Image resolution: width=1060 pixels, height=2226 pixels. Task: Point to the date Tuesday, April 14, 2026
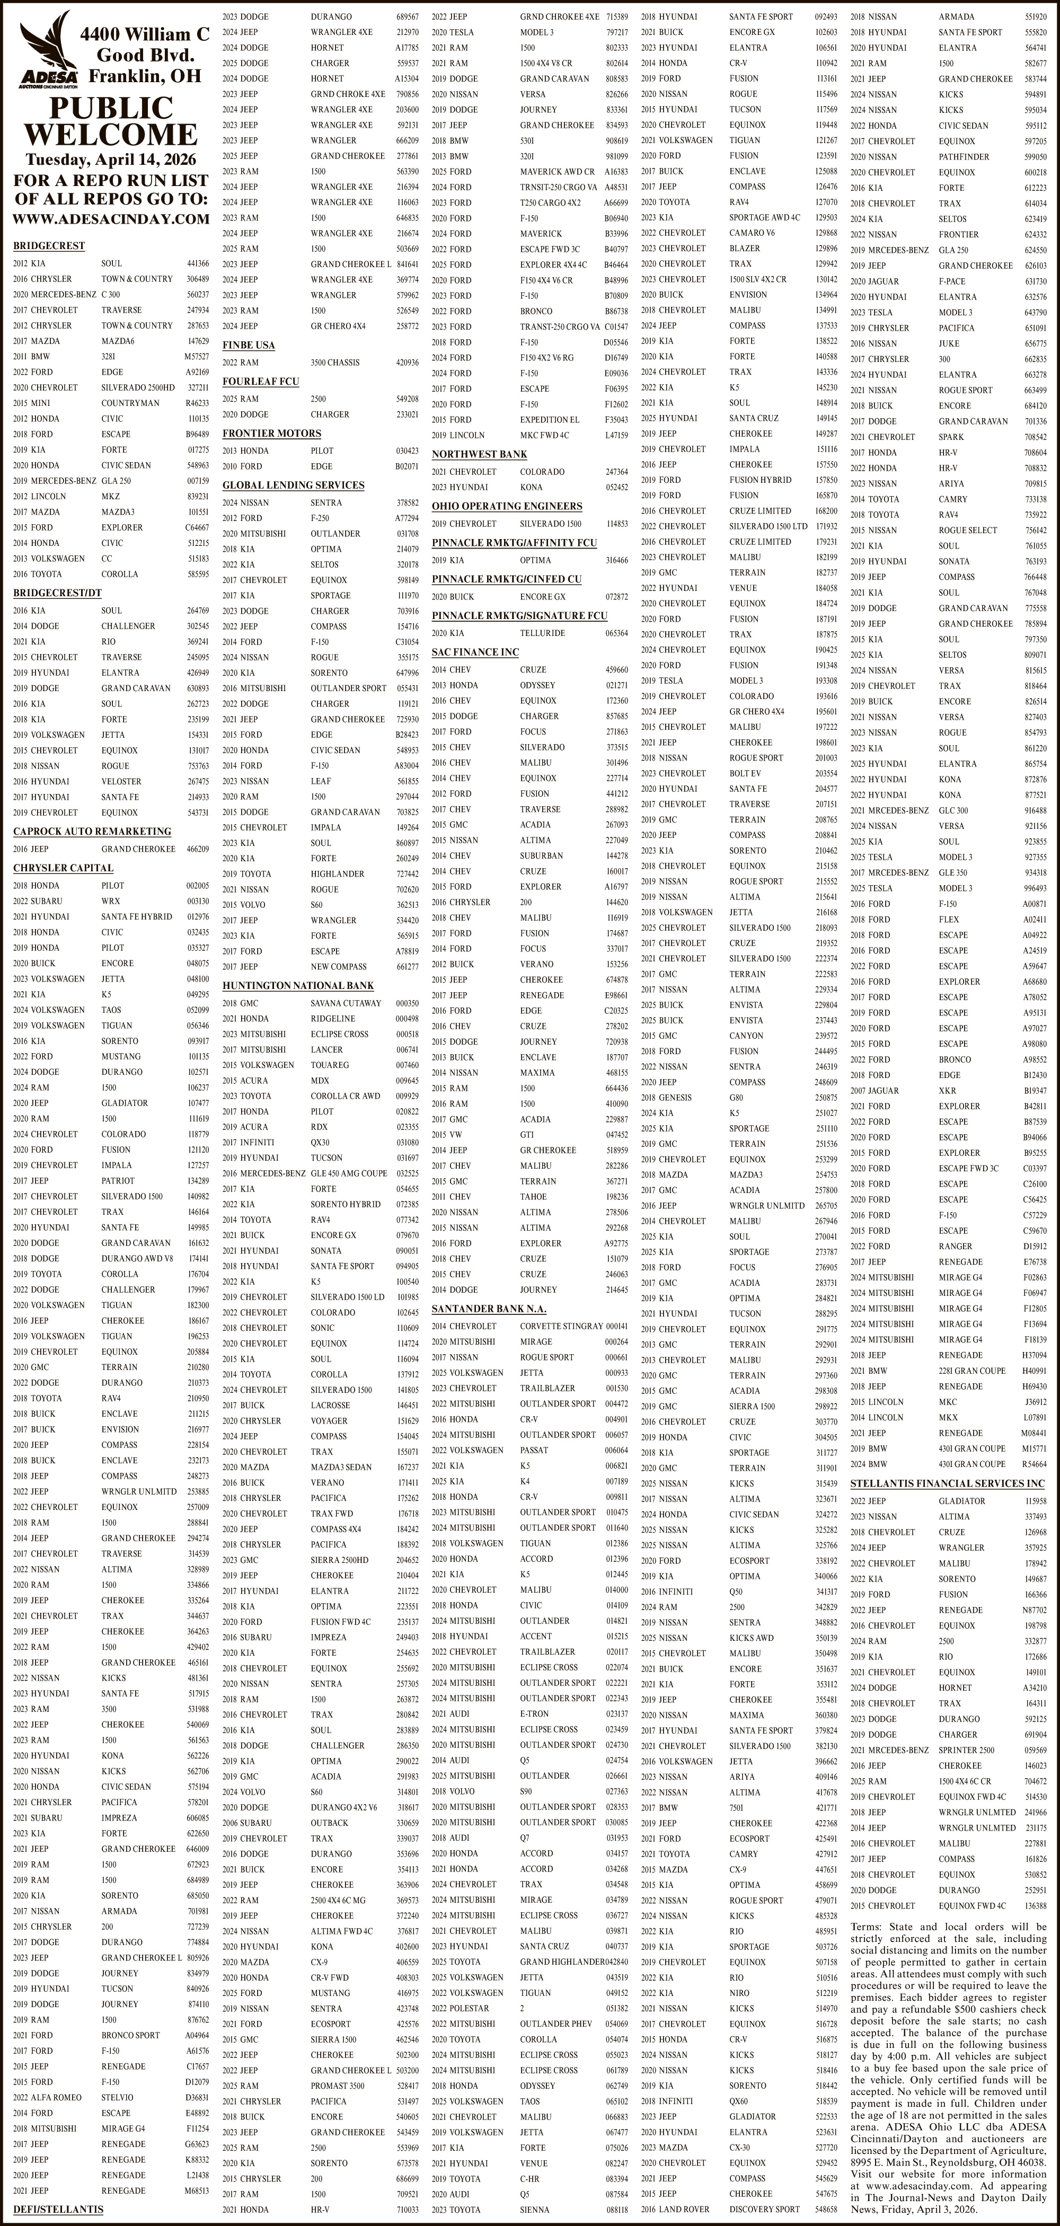pyautogui.click(x=111, y=160)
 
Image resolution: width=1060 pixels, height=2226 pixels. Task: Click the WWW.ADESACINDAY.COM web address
pyautogui.click(x=111, y=218)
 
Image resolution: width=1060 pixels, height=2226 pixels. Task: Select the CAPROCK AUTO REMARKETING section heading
pyautogui.click(x=92, y=831)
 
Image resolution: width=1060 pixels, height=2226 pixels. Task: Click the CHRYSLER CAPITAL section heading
pyautogui.click(x=63, y=868)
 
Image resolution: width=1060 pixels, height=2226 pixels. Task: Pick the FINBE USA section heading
pyautogui.click(x=249, y=345)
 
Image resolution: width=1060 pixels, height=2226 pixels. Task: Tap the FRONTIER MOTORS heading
pyautogui.click(x=271, y=433)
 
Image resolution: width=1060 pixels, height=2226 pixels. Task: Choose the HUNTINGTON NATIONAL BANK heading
pyautogui.click(x=298, y=985)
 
